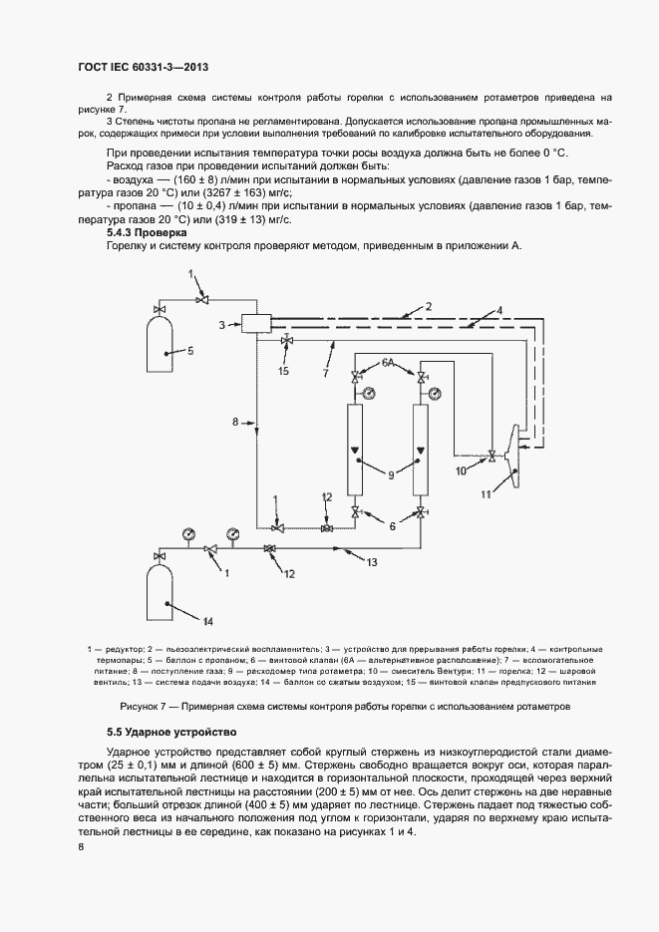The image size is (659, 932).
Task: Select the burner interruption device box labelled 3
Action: pos(256,323)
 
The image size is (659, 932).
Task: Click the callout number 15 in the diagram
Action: pos(283,371)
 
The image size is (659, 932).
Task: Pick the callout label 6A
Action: pos(389,362)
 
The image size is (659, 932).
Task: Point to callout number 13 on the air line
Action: pos(371,563)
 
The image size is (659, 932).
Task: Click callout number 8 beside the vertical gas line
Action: pos(235,423)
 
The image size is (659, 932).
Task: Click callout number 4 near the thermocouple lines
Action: pos(500,310)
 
